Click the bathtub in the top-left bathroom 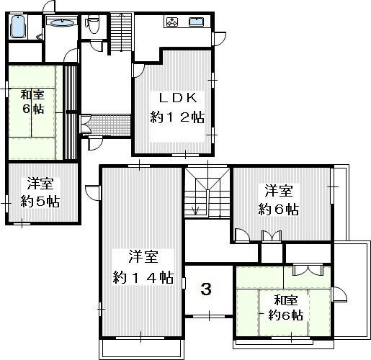pyautogui.click(x=18, y=27)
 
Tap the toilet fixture pyautogui.click(x=92, y=24)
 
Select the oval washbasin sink pyautogui.click(x=63, y=23)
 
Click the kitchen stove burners pyautogui.click(x=172, y=22)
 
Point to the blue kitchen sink pyautogui.click(x=197, y=22)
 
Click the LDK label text pyautogui.click(x=178, y=98)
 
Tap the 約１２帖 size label pyautogui.click(x=177, y=117)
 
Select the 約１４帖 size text pyautogui.click(x=143, y=277)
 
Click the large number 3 pyautogui.click(x=206, y=289)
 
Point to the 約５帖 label pyautogui.click(x=40, y=202)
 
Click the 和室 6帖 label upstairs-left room pyautogui.click(x=32, y=102)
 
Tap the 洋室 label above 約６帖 pyautogui.click(x=279, y=191)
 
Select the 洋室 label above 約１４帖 pyautogui.click(x=143, y=256)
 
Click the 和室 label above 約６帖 pyautogui.click(x=286, y=300)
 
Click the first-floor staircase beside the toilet pyautogui.click(x=122, y=32)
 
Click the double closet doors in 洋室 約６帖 pyautogui.click(x=272, y=235)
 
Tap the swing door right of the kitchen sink pyautogui.click(x=220, y=38)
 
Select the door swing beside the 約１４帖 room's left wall pyautogui.click(x=92, y=193)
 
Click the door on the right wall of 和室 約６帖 pyautogui.click(x=339, y=294)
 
